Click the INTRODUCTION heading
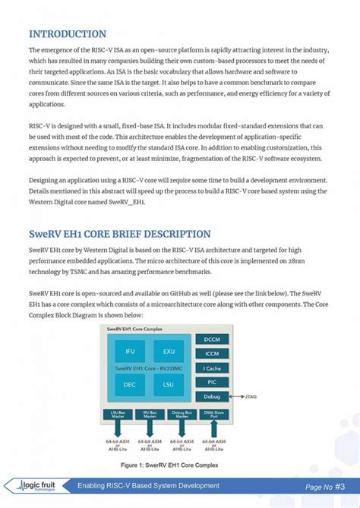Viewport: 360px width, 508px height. pyautogui.click(x=68, y=34)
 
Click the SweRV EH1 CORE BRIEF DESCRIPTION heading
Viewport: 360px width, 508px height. pyautogui.click(x=120, y=234)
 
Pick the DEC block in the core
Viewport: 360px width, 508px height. pyautogui.click(x=130, y=385)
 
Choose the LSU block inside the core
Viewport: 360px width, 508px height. pyautogui.click(x=169, y=385)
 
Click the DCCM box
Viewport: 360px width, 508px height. pyautogui.click(x=212, y=339)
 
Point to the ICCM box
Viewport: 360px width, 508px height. pyautogui.click(x=212, y=354)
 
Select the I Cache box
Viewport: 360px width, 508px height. pyautogui.click(x=212, y=368)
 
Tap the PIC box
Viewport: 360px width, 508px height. pyautogui.click(x=212, y=382)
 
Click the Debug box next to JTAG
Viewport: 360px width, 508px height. pyautogui.click(x=212, y=396)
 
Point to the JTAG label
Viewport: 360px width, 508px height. pyautogui.click(x=250, y=396)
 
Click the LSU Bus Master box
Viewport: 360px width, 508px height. pyautogui.click(x=117, y=415)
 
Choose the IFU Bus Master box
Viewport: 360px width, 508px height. pyautogui.click(x=149, y=415)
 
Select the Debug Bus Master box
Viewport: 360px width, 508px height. pyautogui.click(x=180, y=415)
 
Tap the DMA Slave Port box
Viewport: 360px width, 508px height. pyautogui.click(x=212, y=415)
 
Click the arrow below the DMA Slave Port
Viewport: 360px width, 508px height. pyautogui.click(x=212, y=429)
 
